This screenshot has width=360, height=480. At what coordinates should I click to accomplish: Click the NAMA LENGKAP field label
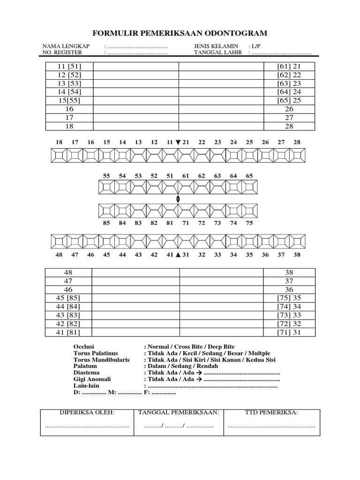point(62,46)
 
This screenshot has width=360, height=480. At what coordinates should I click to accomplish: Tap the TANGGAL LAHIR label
point(218,52)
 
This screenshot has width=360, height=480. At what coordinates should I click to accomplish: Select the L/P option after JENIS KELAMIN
point(256,46)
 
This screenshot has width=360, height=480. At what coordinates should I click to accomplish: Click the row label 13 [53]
point(69,83)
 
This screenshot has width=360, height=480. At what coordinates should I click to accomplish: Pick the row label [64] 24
point(289,92)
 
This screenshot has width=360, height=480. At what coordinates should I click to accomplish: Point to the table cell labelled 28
point(289,126)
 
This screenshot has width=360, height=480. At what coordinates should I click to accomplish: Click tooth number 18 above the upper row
point(59,142)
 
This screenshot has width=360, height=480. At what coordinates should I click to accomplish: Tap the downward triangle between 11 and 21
point(178,142)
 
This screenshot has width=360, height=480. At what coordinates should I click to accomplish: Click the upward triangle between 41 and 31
point(178,255)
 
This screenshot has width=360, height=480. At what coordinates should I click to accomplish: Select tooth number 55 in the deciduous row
point(106,176)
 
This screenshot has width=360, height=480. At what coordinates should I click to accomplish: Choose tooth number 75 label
point(249,223)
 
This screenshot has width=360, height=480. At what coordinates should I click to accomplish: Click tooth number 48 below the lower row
point(59,255)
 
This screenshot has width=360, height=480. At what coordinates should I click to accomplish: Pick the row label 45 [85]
point(69,298)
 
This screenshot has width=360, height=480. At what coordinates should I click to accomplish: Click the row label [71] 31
point(289,332)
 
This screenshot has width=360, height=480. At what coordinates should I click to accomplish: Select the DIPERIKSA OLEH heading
point(86,412)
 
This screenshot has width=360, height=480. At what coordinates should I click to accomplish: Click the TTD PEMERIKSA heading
point(272,412)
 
